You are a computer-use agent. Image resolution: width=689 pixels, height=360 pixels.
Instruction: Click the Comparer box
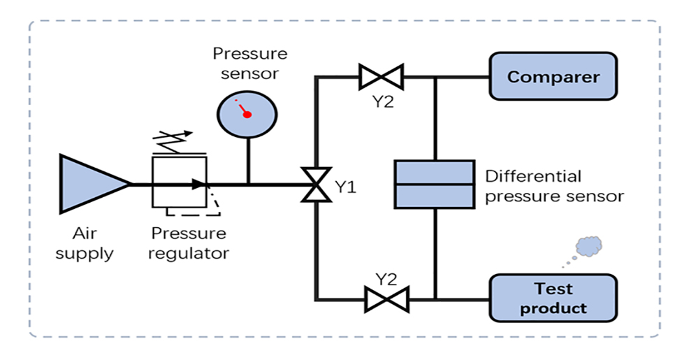(553, 76)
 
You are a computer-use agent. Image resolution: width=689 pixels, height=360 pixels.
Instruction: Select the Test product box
(553, 298)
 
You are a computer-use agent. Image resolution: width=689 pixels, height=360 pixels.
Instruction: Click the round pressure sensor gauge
(246, 113)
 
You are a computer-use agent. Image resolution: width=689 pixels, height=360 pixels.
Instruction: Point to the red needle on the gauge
(244, 110)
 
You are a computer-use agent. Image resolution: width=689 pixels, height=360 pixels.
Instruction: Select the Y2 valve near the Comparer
(381, 76)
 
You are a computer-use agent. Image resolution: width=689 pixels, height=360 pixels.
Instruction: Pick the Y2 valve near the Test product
(385, 299)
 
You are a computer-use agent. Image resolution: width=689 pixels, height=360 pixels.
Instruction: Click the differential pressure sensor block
(434, 184)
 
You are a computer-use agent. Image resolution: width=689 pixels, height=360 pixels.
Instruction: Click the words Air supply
(85, 243)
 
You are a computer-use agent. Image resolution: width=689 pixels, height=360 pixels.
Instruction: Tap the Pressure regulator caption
(189, 243)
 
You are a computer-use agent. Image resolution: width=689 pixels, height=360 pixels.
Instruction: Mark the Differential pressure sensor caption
(553, 186)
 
